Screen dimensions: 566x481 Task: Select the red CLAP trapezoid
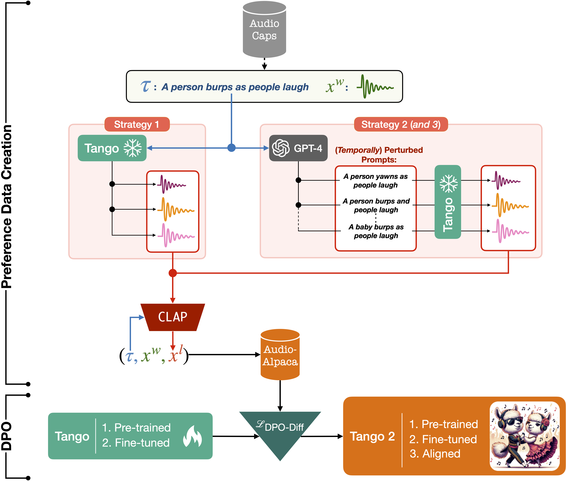point(173,317)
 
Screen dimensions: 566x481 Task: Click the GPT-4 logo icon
point(281,148)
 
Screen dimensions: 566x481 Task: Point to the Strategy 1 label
point(137,124)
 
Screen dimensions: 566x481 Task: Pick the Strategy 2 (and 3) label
point(401,124)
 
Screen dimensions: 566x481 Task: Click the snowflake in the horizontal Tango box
point(133,148)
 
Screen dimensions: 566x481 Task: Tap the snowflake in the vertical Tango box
point(448,183)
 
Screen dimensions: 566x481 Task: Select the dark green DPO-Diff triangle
point(280,431)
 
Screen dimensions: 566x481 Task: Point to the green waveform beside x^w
point(375,86)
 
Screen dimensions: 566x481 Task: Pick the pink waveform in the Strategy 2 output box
point(510,231)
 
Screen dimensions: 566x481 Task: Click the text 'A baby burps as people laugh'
point(376,231)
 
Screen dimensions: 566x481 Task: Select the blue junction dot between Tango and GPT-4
point(231,148)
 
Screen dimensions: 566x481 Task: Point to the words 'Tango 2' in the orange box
point(372,436)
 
